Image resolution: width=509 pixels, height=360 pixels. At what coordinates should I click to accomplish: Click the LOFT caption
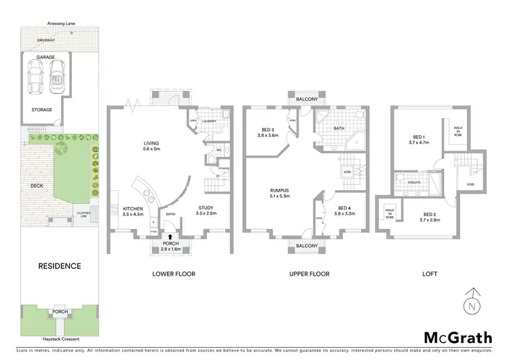429,274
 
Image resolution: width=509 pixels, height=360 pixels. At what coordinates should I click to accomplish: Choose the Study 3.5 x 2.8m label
205,211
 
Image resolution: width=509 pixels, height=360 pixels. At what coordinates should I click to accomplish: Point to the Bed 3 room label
267,132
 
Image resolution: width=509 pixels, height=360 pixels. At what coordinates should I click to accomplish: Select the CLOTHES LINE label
83,214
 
